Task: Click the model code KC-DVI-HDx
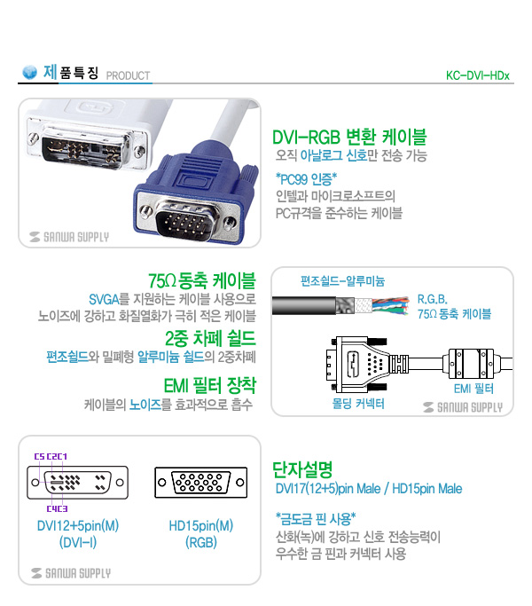coord(478,75)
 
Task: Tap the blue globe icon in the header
coord(30,72)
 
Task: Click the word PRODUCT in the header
coord(128,75)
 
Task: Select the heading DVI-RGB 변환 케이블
coord(349,137)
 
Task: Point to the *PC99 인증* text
coord(306,179)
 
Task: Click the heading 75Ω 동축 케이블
coord(201,280)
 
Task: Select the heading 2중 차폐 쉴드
coord(210,338)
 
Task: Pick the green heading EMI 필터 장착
coord(210,385)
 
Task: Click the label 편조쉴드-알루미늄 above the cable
coord(342,281)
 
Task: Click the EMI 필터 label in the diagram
coord(473,389)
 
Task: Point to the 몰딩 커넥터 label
coord(358,404)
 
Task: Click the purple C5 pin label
coord(39,456)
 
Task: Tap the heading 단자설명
coord(302,469)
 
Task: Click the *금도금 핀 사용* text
coord(316,519)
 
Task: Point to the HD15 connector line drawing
coord(201,483)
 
